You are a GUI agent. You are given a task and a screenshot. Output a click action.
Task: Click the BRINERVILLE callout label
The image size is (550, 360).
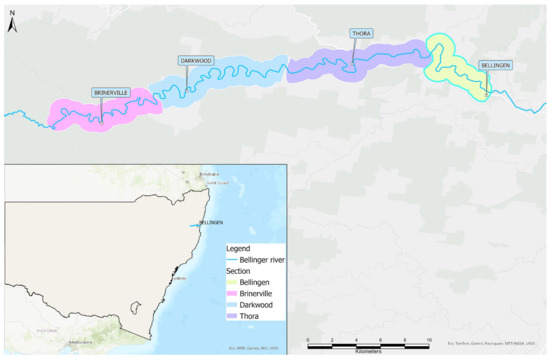tap(111, 92)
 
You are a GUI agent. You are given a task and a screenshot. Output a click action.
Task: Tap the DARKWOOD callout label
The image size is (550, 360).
tap(197, 61)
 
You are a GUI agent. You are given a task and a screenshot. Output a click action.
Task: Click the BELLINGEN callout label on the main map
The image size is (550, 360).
tap(496, 64)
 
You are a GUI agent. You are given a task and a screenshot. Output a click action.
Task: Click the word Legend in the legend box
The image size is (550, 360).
tap(238, 248)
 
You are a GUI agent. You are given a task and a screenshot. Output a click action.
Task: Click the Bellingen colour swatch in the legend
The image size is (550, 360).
tap(232, 281)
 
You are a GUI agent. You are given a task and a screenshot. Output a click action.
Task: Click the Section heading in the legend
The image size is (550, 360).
tap(238, 270)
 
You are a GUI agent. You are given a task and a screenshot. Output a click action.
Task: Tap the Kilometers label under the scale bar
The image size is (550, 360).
tap(367, 351)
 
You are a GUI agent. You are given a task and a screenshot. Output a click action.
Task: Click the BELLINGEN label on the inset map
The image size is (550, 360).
tap(211, 221)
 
